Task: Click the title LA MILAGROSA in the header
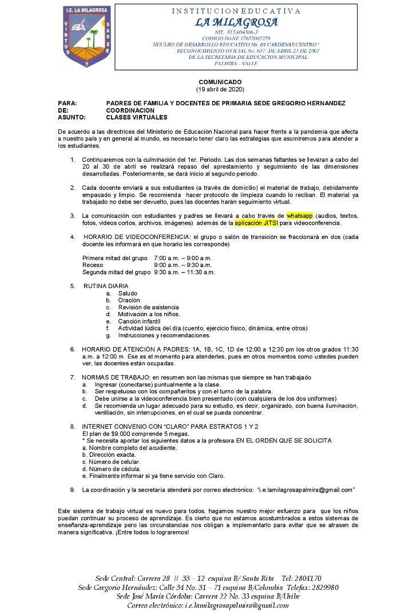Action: tap(236, 23)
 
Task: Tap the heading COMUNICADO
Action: tap(220, 82)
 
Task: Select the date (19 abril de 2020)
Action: tap(220, 89)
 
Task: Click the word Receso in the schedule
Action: tap(93, 265)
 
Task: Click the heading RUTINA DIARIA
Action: tap(106, 286)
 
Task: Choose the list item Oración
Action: tap(129, 300)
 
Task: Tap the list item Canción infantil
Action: tap(140, 321)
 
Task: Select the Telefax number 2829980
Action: tap(324, 587)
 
